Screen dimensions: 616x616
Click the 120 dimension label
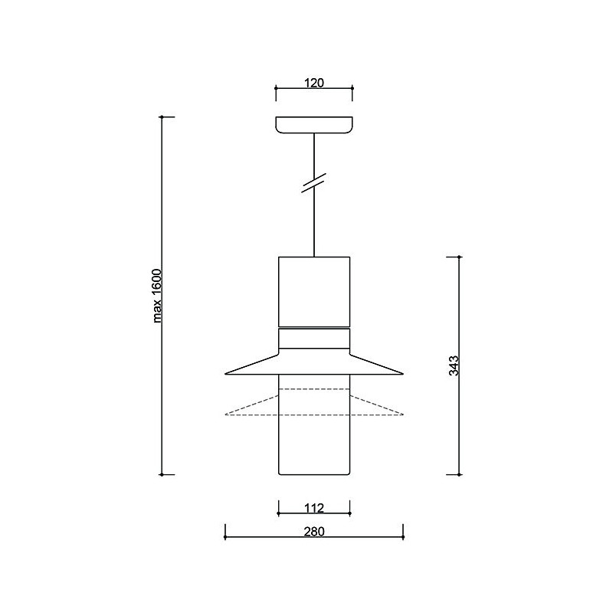(314, 83)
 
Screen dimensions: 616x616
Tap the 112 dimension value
(314, 508)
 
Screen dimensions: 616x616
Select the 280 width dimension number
(314, 531)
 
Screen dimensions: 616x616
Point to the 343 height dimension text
(454, 365)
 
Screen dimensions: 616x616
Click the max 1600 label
(157, 296)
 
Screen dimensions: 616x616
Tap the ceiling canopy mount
(314, 125)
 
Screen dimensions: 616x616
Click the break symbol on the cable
(314, 182)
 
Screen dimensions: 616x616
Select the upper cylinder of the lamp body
(314, 291)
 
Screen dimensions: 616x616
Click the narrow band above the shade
(314, 338)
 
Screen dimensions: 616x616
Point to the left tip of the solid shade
(225, 374)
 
